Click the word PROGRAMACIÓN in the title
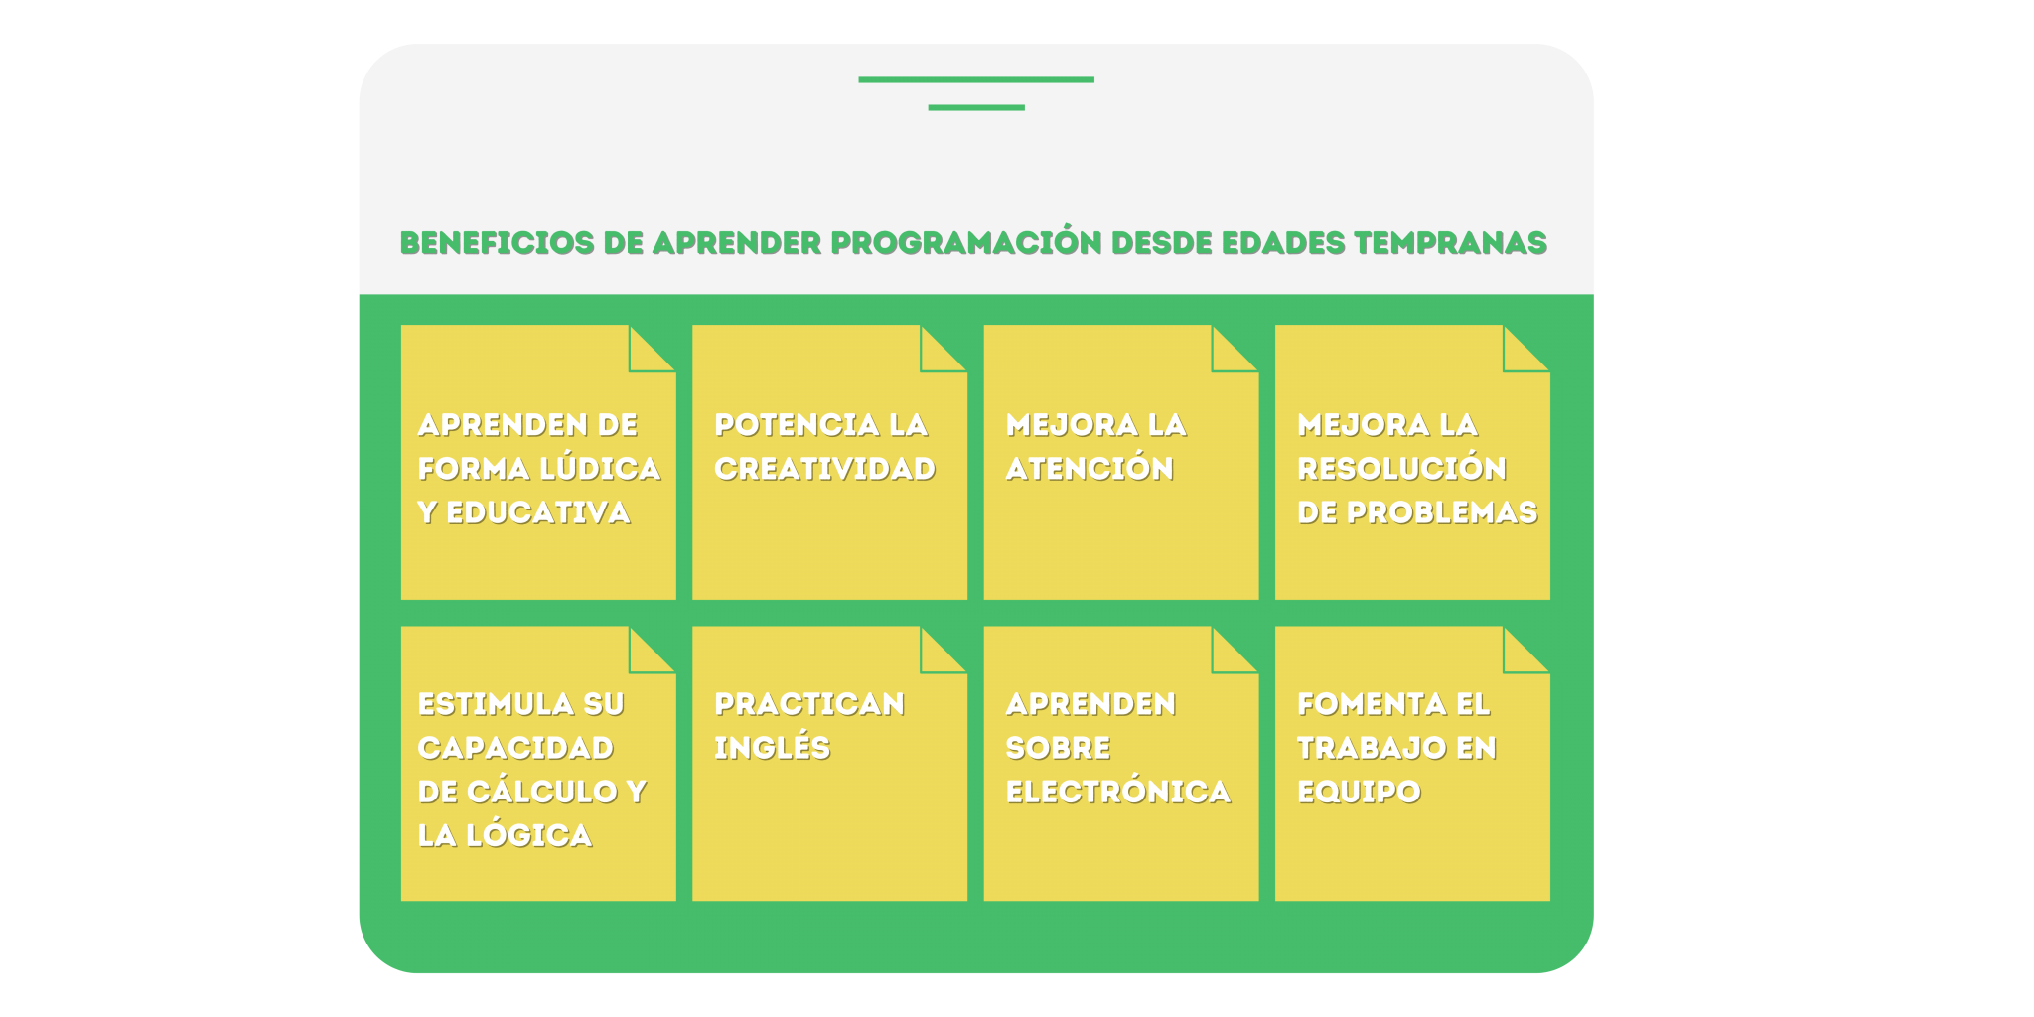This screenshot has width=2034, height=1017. coord(965,243)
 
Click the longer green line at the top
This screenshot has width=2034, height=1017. coord(976,79)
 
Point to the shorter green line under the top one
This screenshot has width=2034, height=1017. coord(976,107)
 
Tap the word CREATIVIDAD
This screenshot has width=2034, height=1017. coord(824,468)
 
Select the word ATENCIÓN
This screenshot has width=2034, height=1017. coord(1090,468)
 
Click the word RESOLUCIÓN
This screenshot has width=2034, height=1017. coord(1401,468)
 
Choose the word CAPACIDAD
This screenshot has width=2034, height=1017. coord(515,747)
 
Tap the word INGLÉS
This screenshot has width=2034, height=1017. coord(772,747)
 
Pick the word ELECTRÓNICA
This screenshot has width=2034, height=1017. coord(1117,791)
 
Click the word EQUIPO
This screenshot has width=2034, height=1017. coord(1359,791)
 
